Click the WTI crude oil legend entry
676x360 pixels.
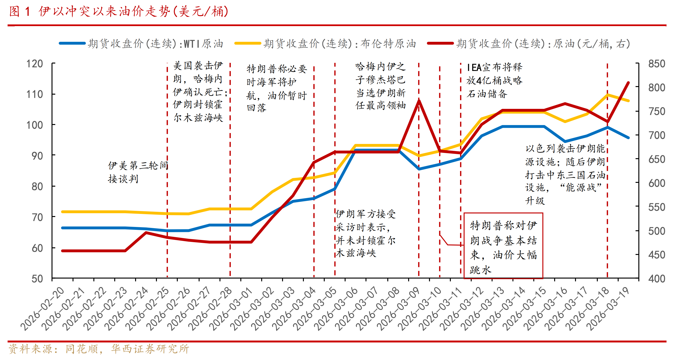tap(142, 44)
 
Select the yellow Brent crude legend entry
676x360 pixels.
tap(325, 44)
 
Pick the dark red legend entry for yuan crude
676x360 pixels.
tap(529, 44)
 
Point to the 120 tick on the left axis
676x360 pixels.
tap(35, 64)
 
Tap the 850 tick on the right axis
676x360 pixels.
tap(657, 64)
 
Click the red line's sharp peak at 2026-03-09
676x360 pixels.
tap(419, 101)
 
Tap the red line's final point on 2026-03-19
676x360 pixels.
tap(628, 83)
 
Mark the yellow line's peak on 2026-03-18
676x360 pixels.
tap(607, 95)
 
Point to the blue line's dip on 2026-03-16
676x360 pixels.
tap(565, 141)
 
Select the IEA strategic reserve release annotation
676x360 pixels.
tap(494, 80)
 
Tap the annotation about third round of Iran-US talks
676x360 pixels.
tap(138, 172)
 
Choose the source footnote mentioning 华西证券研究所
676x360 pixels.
tap(99, 349)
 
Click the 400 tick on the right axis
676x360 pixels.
tap(657, 279)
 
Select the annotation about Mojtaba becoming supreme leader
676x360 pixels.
tap(380, 86)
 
